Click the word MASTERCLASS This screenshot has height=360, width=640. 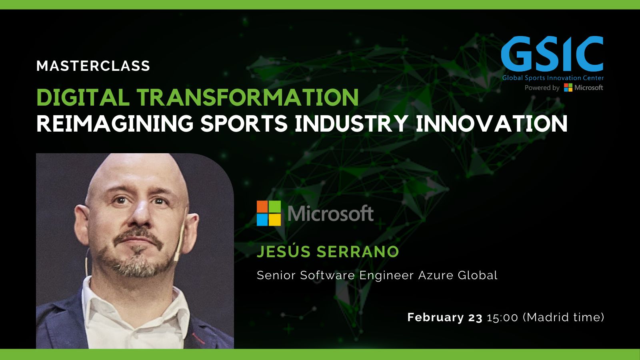[93, 66]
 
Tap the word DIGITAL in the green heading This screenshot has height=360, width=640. [83, 97]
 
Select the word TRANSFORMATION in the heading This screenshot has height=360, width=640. [248, 97]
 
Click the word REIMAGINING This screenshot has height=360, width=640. [115, 124]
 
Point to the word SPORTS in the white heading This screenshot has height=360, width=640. [244, 124]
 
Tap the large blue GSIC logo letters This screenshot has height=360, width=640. [552, 54]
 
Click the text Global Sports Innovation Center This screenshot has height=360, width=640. [553, 78]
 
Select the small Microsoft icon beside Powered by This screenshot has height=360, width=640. [568, 88]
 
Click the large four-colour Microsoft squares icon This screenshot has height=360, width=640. [268, 213]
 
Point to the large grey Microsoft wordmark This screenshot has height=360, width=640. [330, 213]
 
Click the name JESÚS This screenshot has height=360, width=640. [284, 252]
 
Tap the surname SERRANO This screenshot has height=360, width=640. [358, 252]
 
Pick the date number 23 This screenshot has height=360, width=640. [475, 318]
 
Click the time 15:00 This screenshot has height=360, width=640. [502, 318]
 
